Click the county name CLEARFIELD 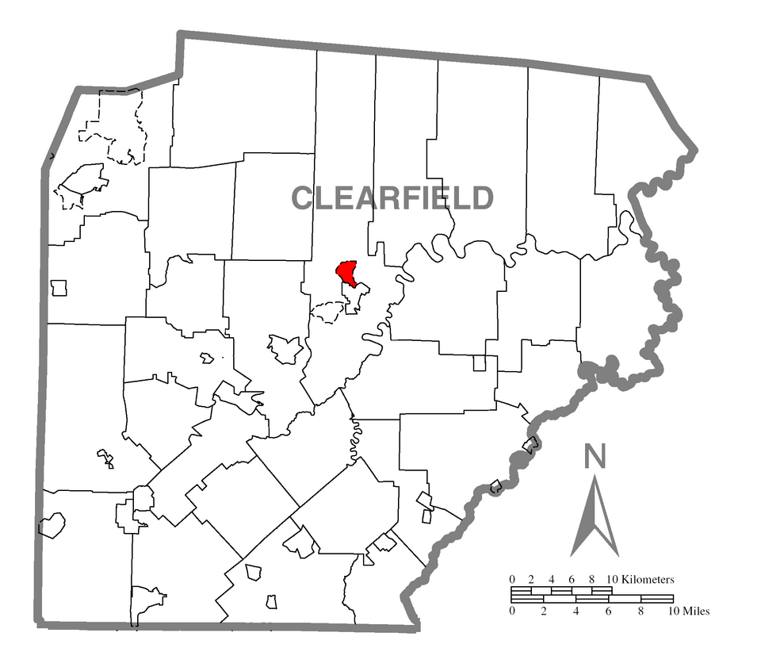[393, 197]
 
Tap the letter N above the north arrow [595, 457]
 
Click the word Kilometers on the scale [647, 580]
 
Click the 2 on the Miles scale [544, 611]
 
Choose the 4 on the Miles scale [576, 611]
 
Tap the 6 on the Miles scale [608, 611]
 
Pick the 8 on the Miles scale [641, 611]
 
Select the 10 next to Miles [673, 611]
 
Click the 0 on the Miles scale [512, 611]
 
